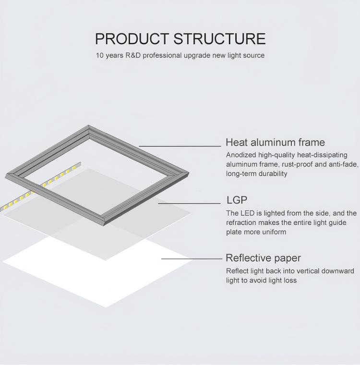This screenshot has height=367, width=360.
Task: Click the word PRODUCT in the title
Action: (132, 38)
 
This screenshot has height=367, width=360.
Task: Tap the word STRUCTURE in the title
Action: (219, 38)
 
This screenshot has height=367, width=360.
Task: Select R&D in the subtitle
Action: (133, 55)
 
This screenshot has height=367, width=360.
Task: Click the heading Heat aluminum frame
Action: (276, 142)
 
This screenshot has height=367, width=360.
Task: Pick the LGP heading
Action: (237, 200)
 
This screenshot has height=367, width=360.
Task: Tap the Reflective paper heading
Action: (263, 258)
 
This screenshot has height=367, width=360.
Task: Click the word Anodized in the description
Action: (241, 155)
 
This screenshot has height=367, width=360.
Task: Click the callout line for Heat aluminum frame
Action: (180, 147)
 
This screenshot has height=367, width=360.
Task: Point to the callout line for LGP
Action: (190, 203)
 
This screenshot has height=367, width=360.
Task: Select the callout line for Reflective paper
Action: (192, 259)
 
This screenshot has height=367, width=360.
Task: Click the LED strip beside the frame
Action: (40, 187)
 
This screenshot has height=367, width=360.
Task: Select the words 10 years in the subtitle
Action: (109, 55)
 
